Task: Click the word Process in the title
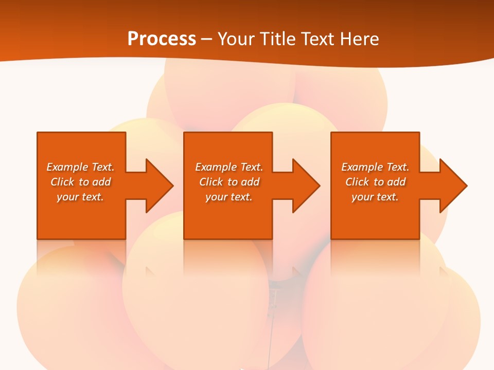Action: tap(162, 39)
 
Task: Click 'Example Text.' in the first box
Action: tap(80, 167)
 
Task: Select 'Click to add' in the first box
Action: tap(80, 182)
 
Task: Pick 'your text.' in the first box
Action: tap(80, 197)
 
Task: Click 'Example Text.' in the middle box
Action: tap(229, 167)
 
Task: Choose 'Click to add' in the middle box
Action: tap(229, 182)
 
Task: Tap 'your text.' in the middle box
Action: tap(229, 197)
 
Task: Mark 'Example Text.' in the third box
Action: tap(375, 167)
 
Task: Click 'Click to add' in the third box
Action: tap(375, 182)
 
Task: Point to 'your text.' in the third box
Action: tap(375, 197)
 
